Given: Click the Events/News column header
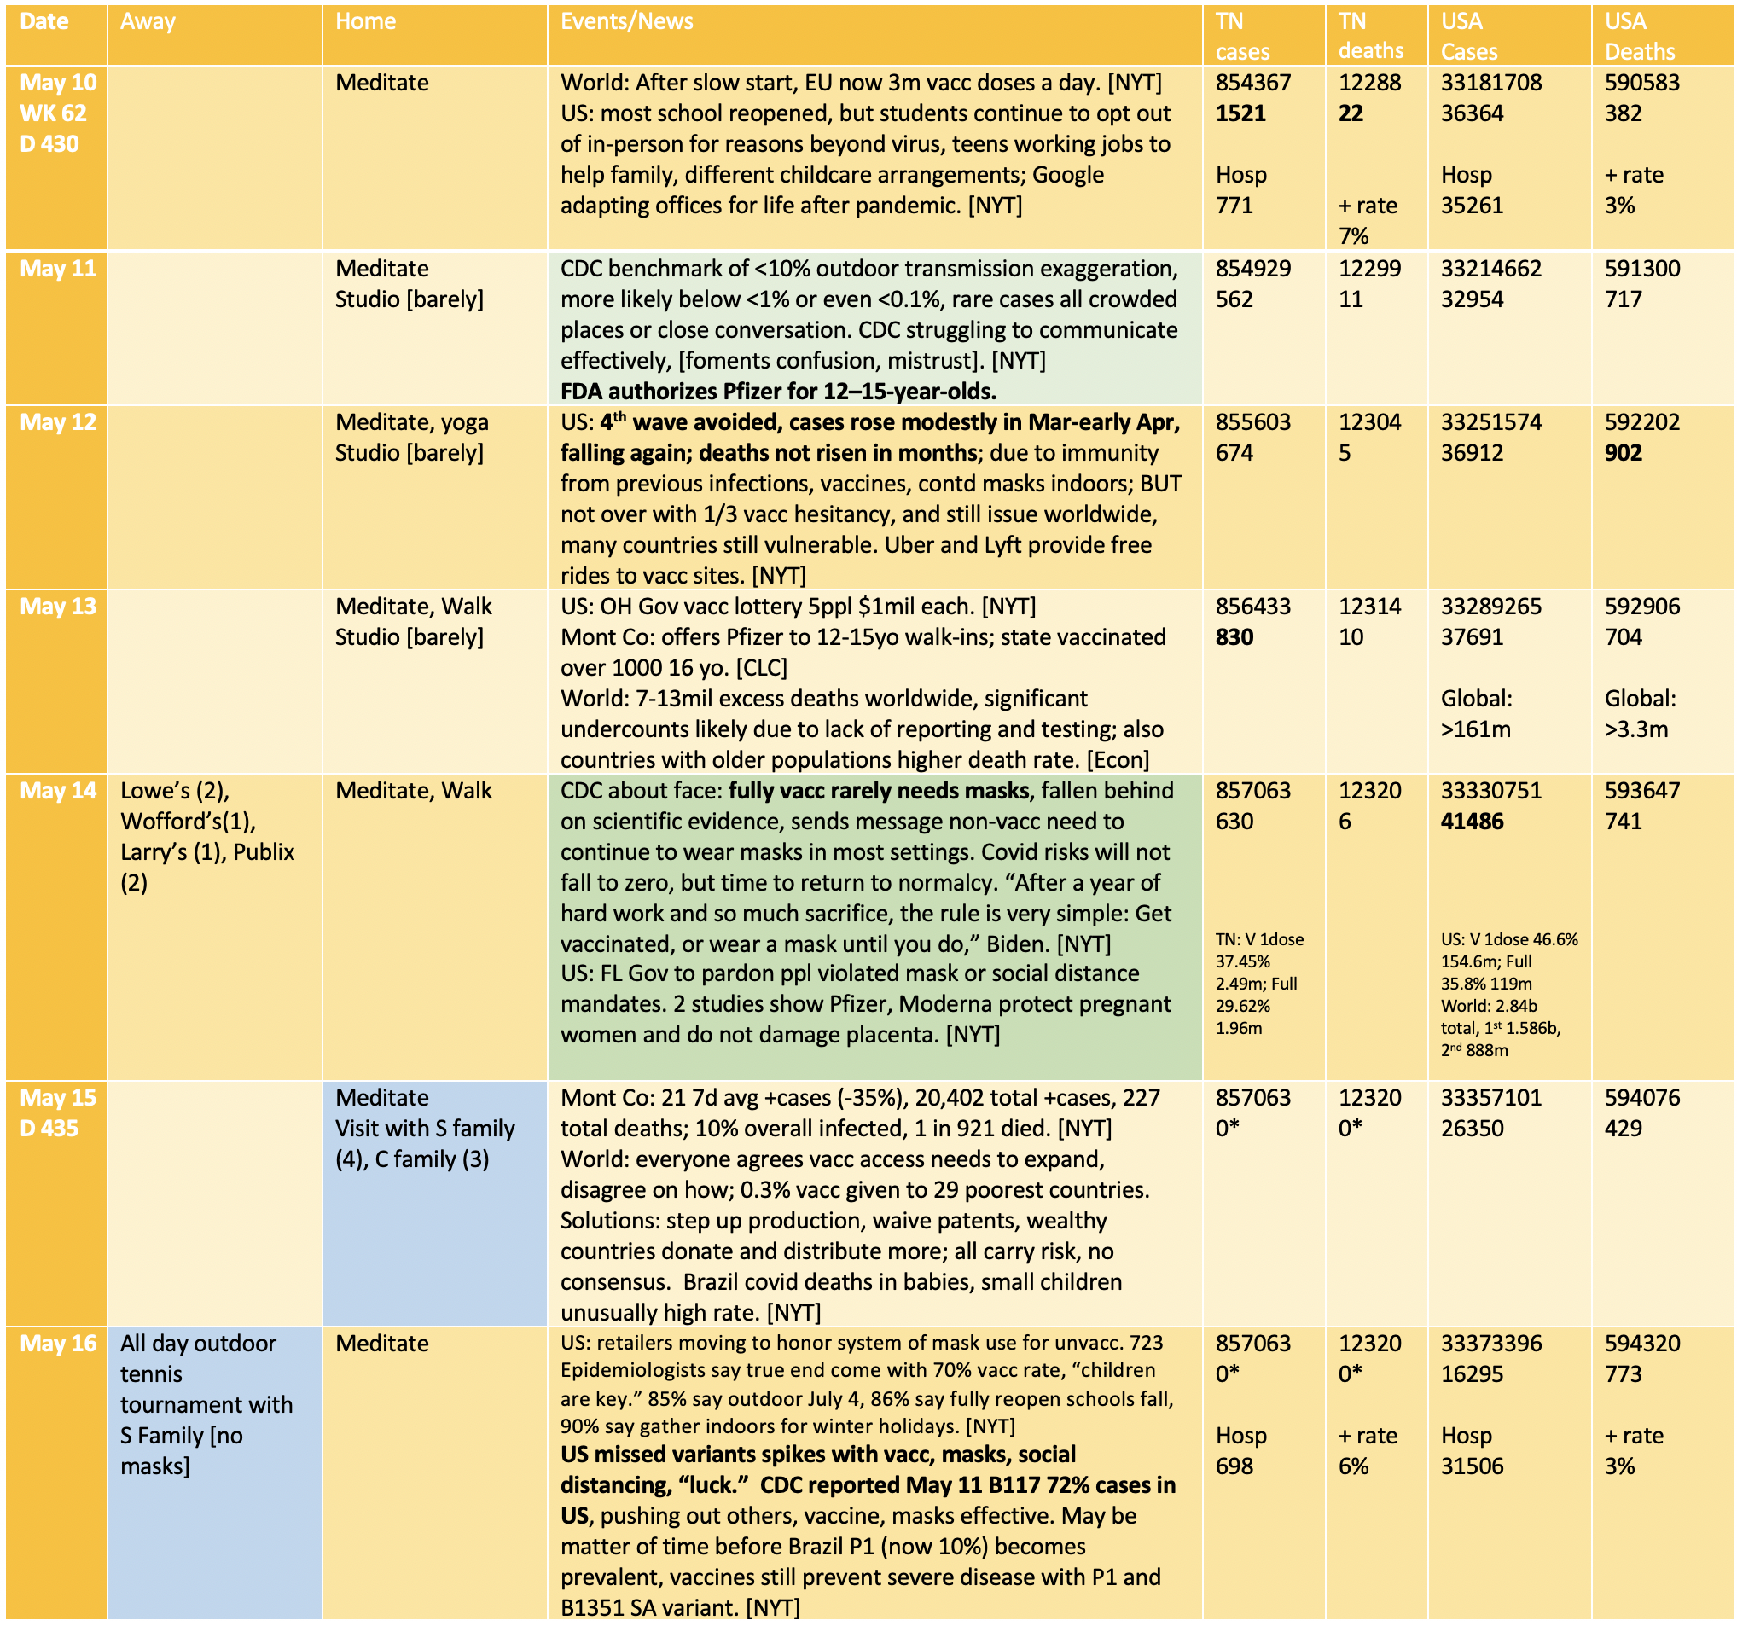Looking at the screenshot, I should (x=626, y=22).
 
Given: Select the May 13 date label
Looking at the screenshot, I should (x=59, y=607).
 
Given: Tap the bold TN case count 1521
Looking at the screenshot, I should (x=1240, y=113).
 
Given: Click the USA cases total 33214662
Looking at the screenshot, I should (x=1490, y=268).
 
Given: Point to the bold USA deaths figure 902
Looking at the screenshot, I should (x=1623, y=453).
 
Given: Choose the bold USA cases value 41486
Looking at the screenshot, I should (x=1473, y=822).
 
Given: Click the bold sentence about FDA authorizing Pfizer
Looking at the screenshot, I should (x=777, y=392).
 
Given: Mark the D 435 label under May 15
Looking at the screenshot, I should (x=49, y=1128).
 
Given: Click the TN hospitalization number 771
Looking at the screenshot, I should (x=1234, y=206).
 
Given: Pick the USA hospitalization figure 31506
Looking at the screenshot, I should (x=1473, y=1466).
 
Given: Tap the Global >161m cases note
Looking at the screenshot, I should (x=1476, y=714).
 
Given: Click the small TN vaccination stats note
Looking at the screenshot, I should (x=1259, y=983).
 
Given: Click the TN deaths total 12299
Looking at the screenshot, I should (x=1369, y=268).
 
